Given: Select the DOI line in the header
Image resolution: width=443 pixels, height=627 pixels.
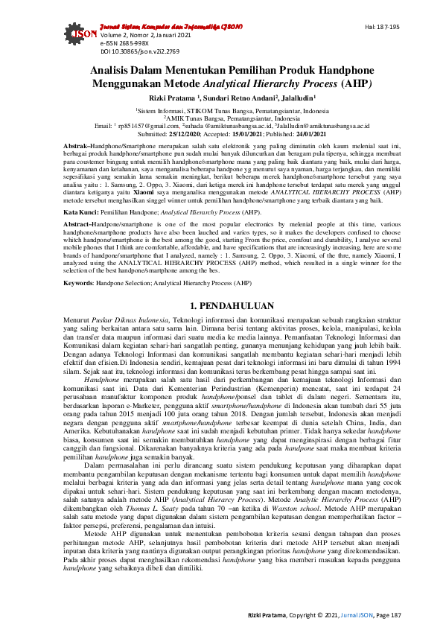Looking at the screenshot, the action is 129,51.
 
